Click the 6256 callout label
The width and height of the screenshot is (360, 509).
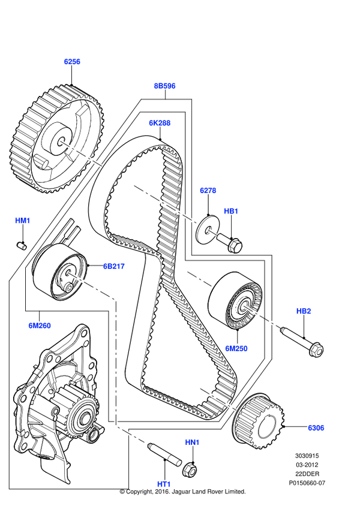tap(72, 61)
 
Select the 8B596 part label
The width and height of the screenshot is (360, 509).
tap(164, 86)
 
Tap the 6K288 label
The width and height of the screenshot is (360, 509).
tap(160, 123)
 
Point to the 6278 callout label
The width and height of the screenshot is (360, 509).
tap(208, 190)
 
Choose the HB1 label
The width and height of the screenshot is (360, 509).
tap(231, 211)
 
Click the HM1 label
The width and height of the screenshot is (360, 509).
tap(22, 221)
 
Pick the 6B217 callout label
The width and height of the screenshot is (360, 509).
tap(113, 266)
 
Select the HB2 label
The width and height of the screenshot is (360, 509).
tap(304, 311)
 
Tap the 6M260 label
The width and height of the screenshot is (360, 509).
tap(40, 326)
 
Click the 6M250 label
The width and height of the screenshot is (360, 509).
tap(236, 348)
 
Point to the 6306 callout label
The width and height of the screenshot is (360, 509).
tap(316, 427)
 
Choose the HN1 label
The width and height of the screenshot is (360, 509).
tap(192, 442)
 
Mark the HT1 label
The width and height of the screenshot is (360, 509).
tap(164, 483)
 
